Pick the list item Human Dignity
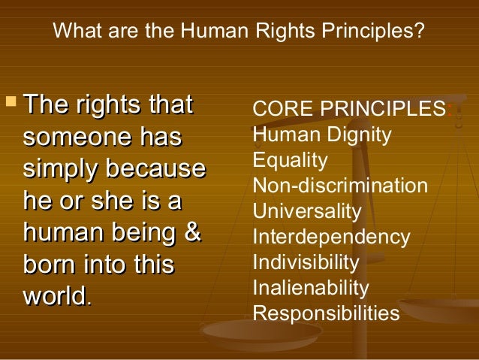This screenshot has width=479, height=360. pyautogui.click(x=322, y=135)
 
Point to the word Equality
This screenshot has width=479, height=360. pyautogui.click(x=291, y=161)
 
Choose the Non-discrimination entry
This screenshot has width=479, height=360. pyautogui.click(x=340, y=186)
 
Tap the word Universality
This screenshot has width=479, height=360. pyautogui.click(x=307, y=212)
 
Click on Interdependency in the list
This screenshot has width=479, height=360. pyautogui.click(x=331, y=237)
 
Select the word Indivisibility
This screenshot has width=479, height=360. pyautogui.click(x=306, y=263)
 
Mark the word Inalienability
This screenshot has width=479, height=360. pyautogui.click(x=311, y=289)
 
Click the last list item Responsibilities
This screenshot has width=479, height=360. pyautogui.click(x=327, y=314)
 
